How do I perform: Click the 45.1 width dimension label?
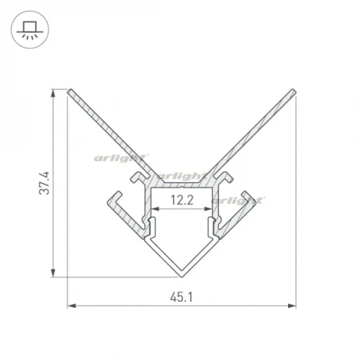click(181, 296)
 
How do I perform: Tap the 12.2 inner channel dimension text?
click(181, 201)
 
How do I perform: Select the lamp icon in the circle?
click(31, 31)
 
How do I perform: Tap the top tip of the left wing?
click(70, 93)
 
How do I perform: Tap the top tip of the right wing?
click(293, 93)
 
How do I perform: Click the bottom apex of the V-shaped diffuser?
click(182, 273)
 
